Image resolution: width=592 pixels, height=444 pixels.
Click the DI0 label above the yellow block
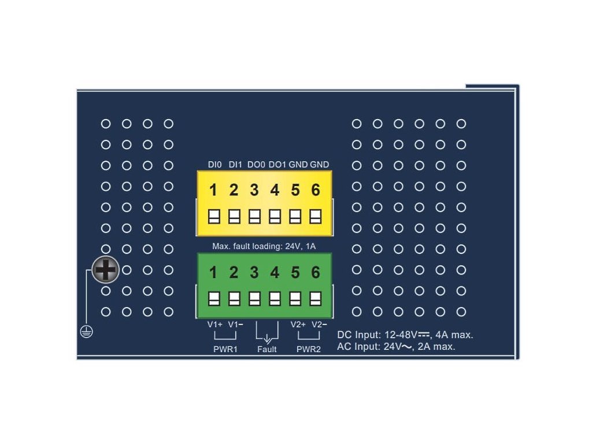coord(215,165)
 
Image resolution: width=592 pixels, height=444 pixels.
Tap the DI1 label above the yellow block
coord(235,165)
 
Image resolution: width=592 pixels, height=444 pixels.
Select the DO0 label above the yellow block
coord(256,165)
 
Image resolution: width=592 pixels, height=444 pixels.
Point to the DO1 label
coord(277,165)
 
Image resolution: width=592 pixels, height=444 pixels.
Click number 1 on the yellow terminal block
coord(213,190)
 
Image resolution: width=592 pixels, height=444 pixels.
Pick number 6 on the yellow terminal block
coord(316,190)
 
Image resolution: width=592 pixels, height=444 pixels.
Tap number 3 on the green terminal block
coord(254,272)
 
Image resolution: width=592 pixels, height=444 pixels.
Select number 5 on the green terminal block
coord(295,272)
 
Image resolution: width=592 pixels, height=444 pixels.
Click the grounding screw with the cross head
coord(106,269)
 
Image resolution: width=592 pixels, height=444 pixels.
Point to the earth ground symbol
coord(86,332)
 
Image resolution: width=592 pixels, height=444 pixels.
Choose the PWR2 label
coord(308,349)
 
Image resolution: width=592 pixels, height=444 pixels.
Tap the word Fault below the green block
coord(267,349)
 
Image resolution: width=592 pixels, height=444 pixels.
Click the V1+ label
coord(215,324)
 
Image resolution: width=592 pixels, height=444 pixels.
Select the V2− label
coord(319,324)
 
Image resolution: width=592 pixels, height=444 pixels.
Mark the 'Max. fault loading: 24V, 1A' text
coord(264,246)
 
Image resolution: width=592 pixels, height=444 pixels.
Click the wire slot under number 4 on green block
coord(275,299)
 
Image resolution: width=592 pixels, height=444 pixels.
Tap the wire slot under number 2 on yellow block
coord(234,216)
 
